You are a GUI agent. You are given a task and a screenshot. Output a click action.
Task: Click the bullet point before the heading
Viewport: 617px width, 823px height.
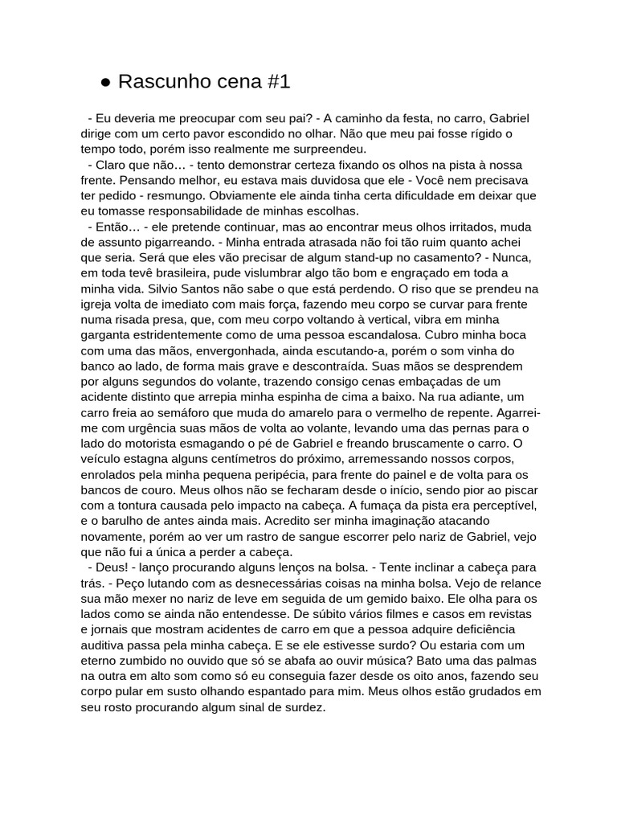click(105, 82)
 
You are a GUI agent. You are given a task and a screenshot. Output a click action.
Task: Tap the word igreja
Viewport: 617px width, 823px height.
click(99, 305)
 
